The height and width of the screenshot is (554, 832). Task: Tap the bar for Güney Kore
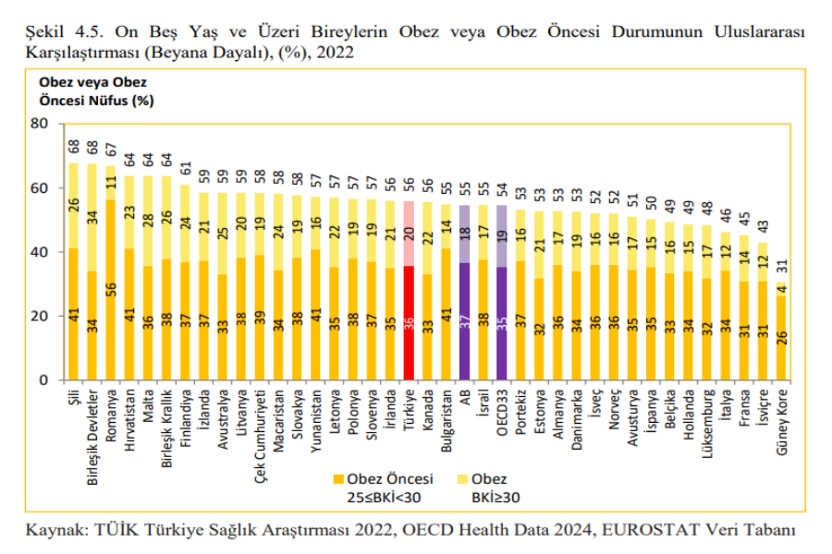click(x=782, y=337)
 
